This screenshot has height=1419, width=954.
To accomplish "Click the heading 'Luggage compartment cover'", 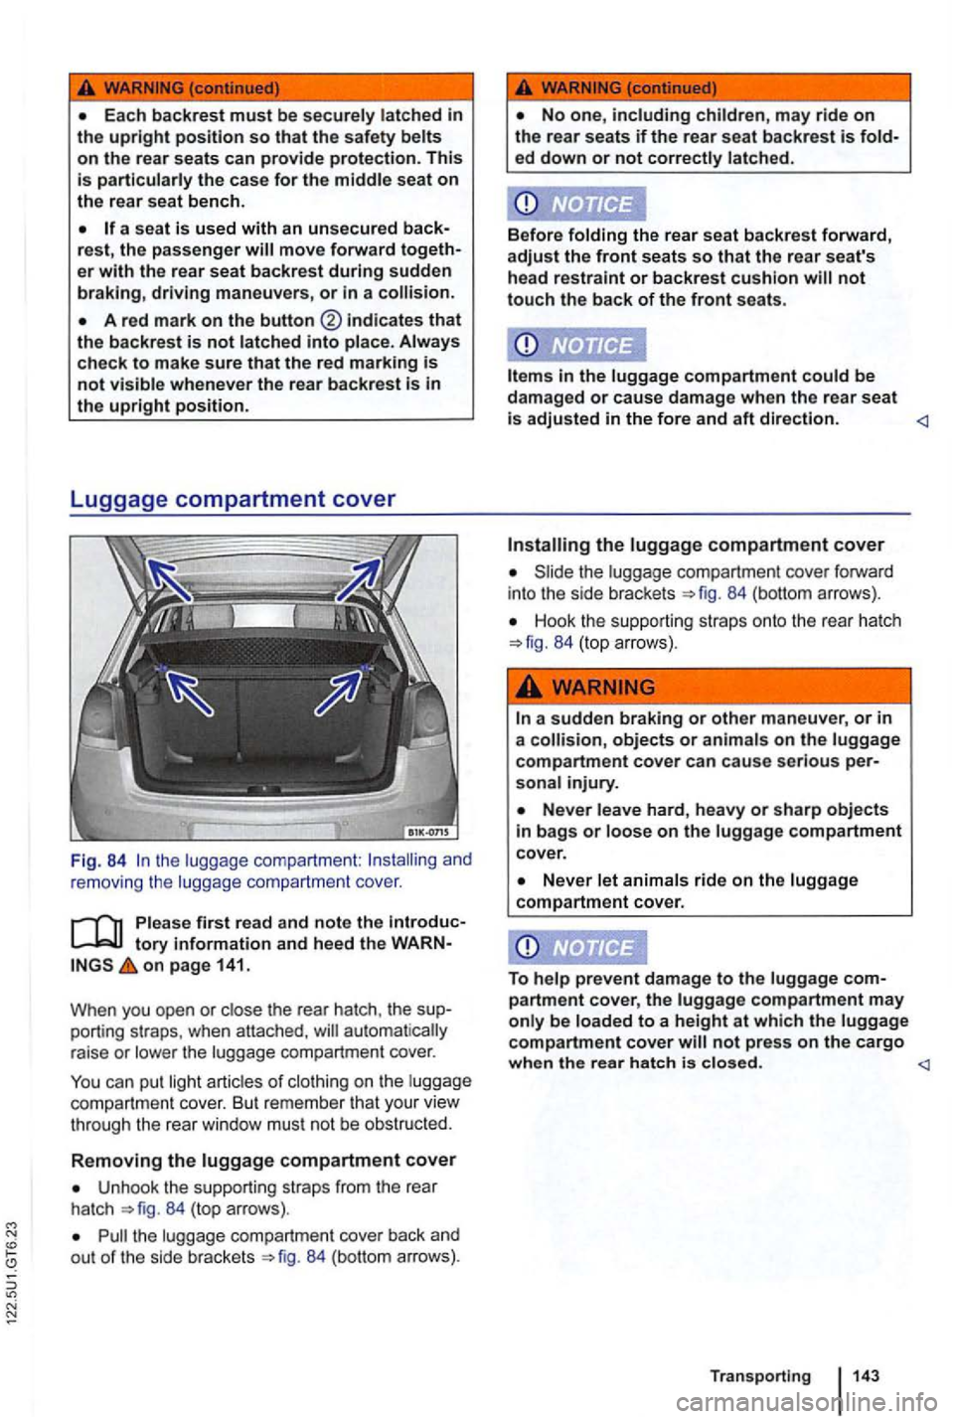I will (233, 499).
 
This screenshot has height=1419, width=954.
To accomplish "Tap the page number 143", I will (865, 1375).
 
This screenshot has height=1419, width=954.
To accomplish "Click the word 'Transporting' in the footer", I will (759, 1375).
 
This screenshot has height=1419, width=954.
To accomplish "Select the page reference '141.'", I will (231, 965).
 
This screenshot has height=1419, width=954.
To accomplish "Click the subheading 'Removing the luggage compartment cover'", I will (263, 1160).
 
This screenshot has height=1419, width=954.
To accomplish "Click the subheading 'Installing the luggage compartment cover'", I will (696, 545).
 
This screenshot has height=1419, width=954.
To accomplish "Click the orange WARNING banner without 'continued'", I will (710, 687).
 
